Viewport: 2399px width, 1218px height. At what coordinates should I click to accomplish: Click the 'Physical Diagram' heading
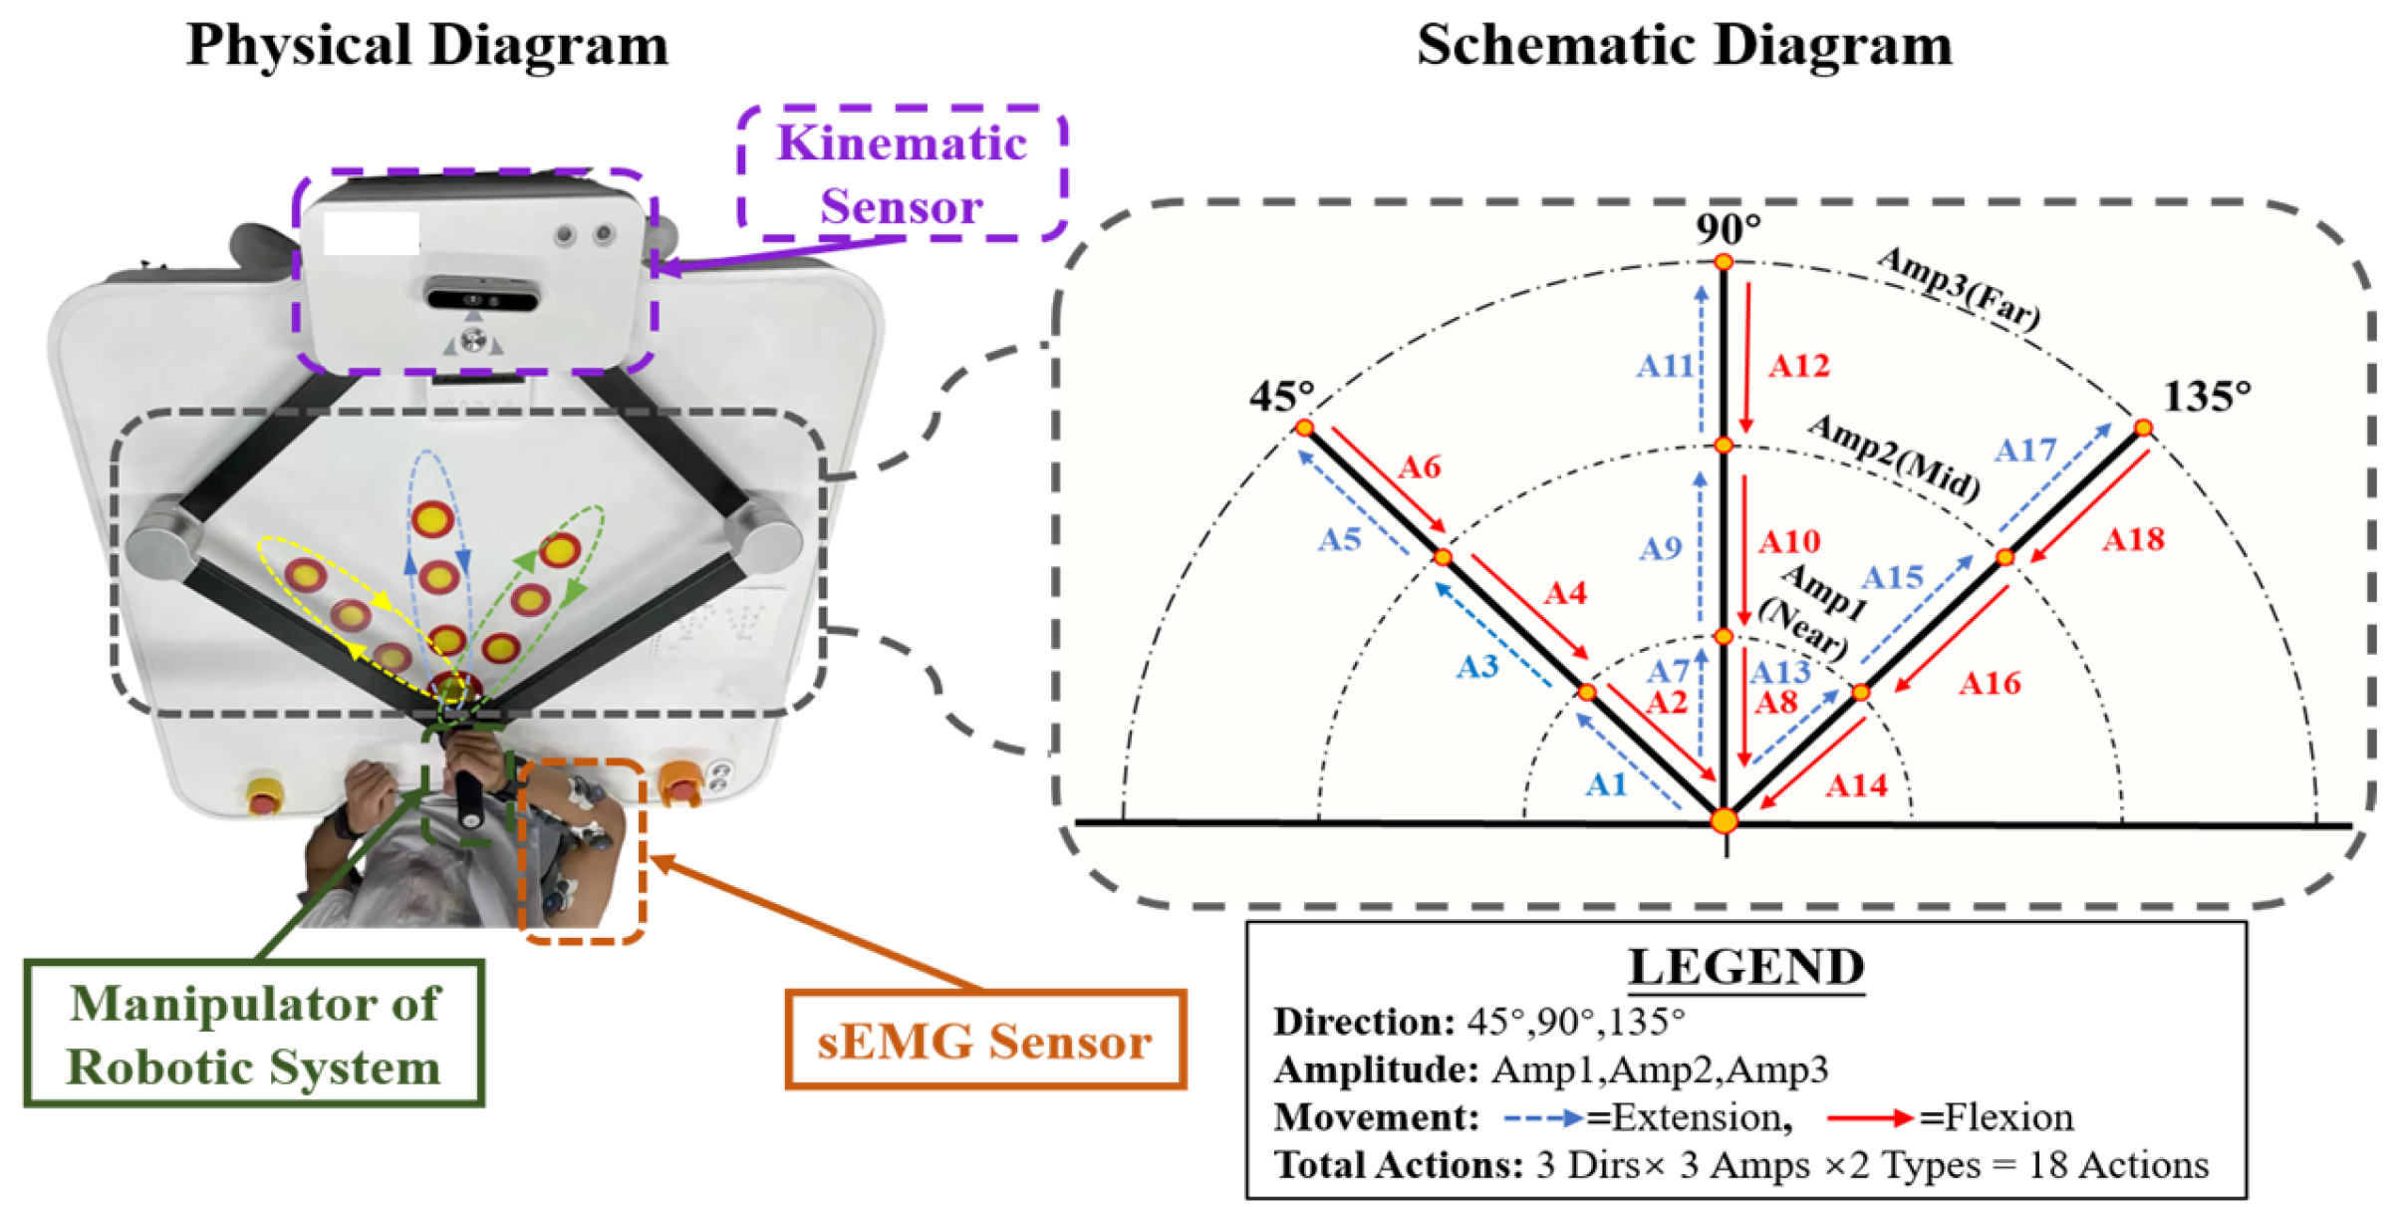tap(427, 46)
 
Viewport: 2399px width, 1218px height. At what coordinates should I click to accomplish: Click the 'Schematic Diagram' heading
tap(1684, 46)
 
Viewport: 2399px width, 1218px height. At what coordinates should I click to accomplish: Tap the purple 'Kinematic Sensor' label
tap(902, 174)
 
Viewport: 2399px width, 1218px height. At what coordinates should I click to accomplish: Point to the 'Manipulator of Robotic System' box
tap(254, 1035)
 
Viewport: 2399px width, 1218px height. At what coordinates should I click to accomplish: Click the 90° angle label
tap(1728, 229)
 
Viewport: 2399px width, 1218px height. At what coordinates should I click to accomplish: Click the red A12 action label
tap(1799, 366)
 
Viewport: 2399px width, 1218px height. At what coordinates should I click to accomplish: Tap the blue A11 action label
tap(1665, 366)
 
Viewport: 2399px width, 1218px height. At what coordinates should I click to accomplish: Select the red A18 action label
tap(2133, 539)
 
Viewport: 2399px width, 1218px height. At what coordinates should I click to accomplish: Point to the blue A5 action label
tap(1339, 539)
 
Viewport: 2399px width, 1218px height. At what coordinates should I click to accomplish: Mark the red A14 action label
tap(1856, 785)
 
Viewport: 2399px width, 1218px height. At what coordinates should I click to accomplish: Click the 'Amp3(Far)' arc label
tap(1959, 289)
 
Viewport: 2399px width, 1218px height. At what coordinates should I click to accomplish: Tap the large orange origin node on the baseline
tap(1725, 821)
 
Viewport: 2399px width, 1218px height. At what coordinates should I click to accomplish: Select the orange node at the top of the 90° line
tap(1724, 262)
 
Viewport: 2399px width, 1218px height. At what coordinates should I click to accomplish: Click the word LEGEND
tap(1746, 967)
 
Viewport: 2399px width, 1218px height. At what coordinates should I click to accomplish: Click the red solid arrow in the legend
tap(1869, 1118)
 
